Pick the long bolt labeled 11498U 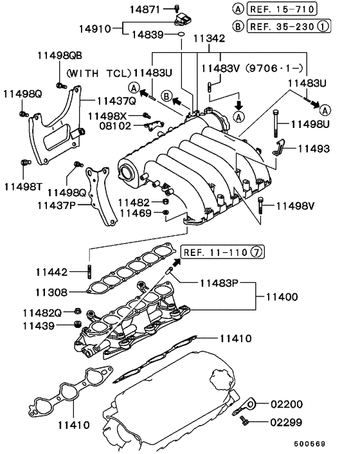coord(275,122)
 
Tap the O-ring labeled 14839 coord(183,33)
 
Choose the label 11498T coord(22,186)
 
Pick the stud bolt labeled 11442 coord(87,270)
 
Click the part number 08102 coord(116,126)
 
